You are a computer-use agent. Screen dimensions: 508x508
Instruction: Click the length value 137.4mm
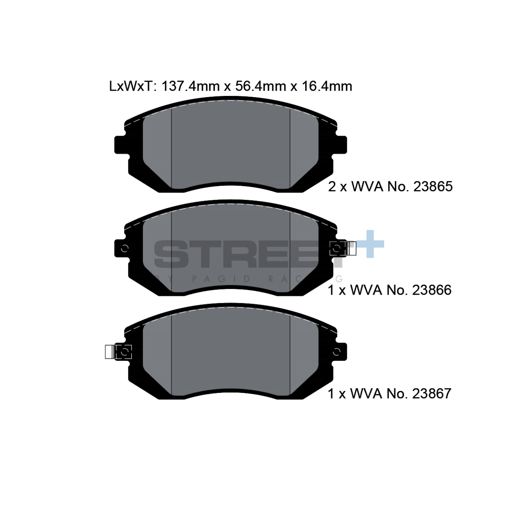(190, 86)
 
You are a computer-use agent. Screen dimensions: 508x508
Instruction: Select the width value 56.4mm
(260, 86)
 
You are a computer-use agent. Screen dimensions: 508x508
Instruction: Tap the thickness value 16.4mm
(327, 86)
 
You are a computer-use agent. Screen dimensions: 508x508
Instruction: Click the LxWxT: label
(131, 86)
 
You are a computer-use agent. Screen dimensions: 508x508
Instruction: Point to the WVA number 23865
(433, 187)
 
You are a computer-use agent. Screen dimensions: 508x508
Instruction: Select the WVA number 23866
(432, 290)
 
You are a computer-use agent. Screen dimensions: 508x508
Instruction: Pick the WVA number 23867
(432, 394)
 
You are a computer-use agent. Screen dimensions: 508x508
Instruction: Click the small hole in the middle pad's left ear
(125, 248)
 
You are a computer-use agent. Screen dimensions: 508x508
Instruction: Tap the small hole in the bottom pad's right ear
(337, 352)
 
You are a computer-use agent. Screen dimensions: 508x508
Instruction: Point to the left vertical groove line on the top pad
(172, 147)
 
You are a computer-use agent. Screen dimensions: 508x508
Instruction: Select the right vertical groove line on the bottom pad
(290, 354)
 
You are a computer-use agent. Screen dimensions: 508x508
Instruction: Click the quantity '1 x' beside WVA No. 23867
(337, 394)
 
